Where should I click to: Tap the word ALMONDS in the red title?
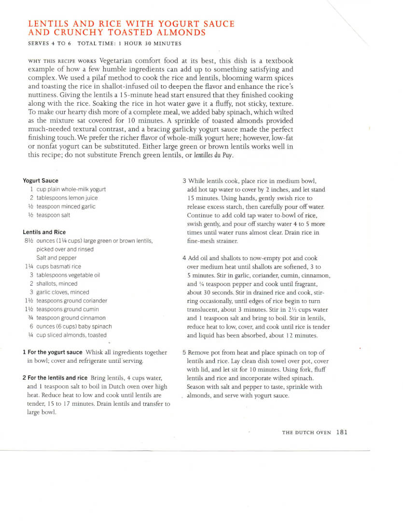(181, 33)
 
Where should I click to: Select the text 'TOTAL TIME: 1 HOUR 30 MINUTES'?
(129, 44)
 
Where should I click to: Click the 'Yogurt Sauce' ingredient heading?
(41, 181)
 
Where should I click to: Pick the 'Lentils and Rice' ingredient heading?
(44, 232)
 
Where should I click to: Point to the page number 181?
(342, 432)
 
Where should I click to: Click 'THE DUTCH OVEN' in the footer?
(306, 433)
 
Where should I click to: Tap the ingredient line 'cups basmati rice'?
(59, 266)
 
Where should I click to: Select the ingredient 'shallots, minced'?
(57, 284)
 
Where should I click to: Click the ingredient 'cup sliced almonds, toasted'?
(71, 335)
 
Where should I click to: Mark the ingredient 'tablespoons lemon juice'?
(67, 198)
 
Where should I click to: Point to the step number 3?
(184, 181)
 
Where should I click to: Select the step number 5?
(184, 353)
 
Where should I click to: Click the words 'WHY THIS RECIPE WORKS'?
(63, 61)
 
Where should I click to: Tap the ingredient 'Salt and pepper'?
(56, 258)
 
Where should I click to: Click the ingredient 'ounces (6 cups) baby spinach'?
(74, 327)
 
